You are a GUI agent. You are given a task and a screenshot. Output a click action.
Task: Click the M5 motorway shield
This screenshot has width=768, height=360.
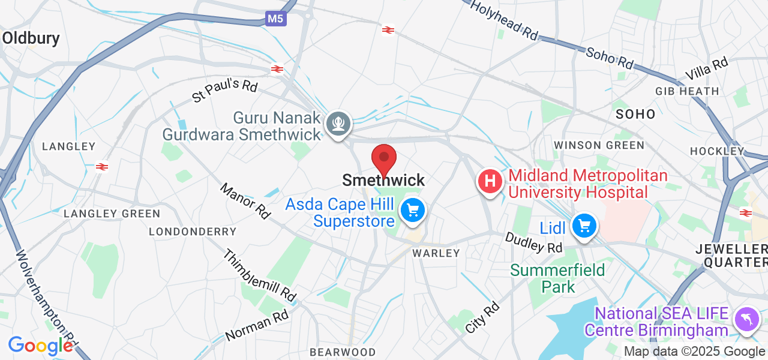(275, 19)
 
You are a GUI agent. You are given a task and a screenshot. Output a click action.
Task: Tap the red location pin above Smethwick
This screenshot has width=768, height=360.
(384, 159)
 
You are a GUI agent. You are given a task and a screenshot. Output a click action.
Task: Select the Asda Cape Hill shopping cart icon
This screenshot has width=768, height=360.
(412, 211)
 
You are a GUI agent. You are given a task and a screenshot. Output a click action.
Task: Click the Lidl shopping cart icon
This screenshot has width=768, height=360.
(584, 226)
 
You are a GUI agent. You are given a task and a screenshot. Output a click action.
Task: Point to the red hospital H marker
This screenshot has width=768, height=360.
(490, 181)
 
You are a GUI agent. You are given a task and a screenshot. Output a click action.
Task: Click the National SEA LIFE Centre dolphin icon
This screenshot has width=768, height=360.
(745, 318)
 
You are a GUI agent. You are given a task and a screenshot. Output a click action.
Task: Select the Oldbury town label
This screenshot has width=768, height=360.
(31, 38)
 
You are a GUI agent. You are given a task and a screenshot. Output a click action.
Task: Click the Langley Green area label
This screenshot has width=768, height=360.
(112, 214)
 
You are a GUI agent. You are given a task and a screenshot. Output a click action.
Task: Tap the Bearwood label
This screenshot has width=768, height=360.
(343, 352)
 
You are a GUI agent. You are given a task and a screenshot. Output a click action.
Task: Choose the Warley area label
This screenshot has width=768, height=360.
(436, 253)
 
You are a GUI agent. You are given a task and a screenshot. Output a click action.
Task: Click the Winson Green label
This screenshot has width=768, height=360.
(599, 145)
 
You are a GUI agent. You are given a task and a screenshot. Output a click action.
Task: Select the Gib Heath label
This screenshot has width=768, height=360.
(687, 91)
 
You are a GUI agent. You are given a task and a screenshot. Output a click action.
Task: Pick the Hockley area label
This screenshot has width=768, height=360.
(717, 151)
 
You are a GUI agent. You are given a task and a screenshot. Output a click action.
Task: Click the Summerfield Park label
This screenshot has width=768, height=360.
(557, 278)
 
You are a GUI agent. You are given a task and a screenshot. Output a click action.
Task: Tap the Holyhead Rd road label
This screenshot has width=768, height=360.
(504, 20)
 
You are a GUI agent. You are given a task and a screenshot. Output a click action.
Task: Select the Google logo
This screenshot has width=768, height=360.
(40, 346)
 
